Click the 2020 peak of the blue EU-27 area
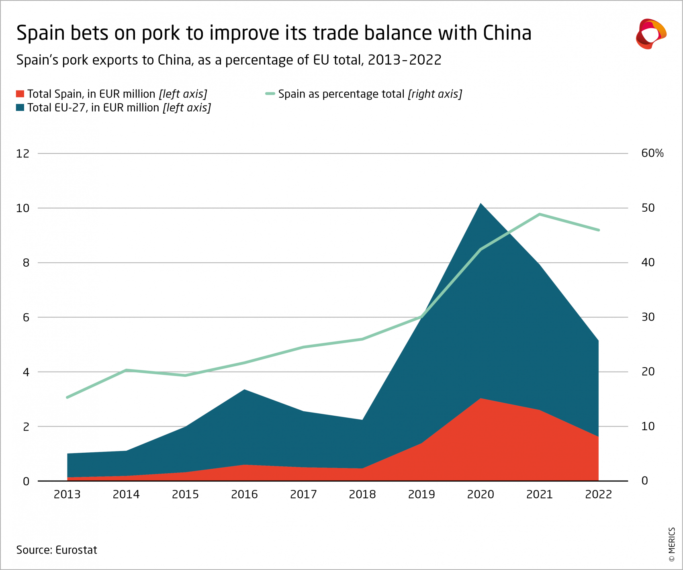(x=481, y=204)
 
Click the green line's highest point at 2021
(x=540, y=214)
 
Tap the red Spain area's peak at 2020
(x=481, y=399)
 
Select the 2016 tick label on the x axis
(x=244, y=494)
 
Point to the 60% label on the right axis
(x=652, y=153)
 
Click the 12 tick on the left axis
(x=23, y=153)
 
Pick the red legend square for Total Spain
(x=20, y=94)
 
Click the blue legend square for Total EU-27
(x=20, y=108)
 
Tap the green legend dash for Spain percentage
(x=270, y=94)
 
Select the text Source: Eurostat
(x=57, y=550)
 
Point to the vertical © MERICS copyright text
(x=671, y=545)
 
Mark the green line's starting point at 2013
(x=67, y=397)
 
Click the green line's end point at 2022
(x=599, y=230)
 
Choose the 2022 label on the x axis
(x=598, y=494)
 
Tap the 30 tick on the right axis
(x=648, y=317)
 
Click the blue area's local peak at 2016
(x=244, y=390)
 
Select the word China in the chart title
(x=507, y=33)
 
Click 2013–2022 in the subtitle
(x=404, y=60)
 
